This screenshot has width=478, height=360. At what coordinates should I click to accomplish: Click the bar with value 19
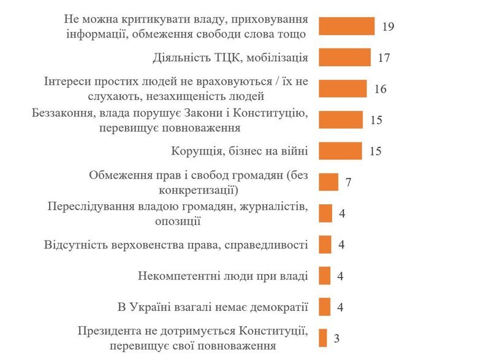(346, 26)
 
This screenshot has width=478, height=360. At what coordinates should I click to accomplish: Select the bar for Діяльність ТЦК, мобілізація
(344, 58)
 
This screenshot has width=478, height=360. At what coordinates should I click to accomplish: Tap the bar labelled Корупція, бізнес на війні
(340, 151)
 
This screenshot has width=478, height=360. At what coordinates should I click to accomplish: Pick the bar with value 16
(343, 89)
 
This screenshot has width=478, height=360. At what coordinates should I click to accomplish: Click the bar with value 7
(328, 182)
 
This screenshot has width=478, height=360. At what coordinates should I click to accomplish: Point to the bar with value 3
(322, 338)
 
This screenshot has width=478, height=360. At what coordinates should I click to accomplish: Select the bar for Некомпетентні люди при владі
(325, 275)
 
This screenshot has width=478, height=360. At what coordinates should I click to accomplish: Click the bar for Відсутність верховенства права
(325, 245)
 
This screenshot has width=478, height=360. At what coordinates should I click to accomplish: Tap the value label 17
(384, 58)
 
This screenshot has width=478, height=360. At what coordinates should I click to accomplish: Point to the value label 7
(349, 183)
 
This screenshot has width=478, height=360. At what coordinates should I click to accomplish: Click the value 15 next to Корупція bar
(376, 151)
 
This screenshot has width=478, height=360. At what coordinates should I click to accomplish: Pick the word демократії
(278, 306)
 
